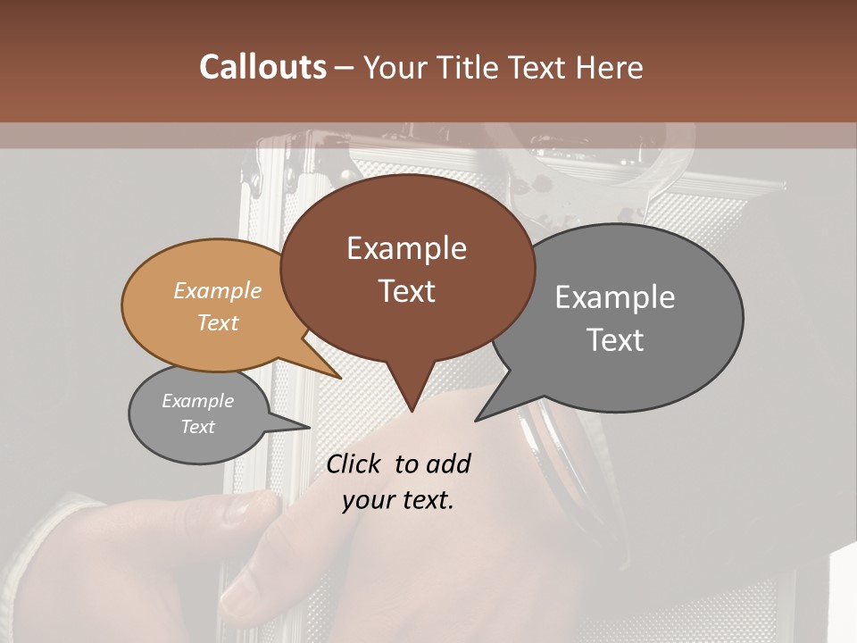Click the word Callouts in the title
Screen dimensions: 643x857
point(262,67)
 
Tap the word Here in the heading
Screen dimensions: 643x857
point(610,67)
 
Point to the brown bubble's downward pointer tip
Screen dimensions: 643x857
point(412,411)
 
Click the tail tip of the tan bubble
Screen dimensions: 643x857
point(340,378)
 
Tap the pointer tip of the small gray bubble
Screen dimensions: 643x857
point(309,428)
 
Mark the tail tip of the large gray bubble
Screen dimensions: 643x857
point(476,420)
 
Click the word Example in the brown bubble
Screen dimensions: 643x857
point(406,248)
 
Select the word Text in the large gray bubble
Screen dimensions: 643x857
point(615,340)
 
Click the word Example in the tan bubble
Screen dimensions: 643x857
point(218,290)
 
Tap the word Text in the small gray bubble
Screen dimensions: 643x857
point(198,427)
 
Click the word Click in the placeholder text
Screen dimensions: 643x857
point(354,463)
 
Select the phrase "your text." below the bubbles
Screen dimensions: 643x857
point(398,500)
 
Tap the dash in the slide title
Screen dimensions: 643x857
point(345,67)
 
